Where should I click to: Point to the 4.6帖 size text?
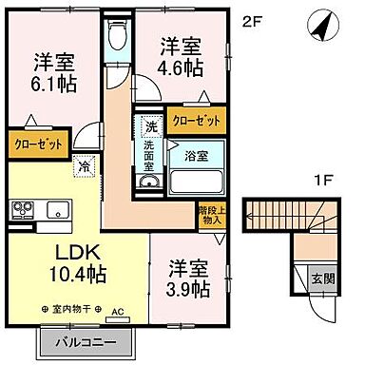coord(180,67)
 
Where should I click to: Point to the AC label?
coord(119,312)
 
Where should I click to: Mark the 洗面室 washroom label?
coord(150,154)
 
